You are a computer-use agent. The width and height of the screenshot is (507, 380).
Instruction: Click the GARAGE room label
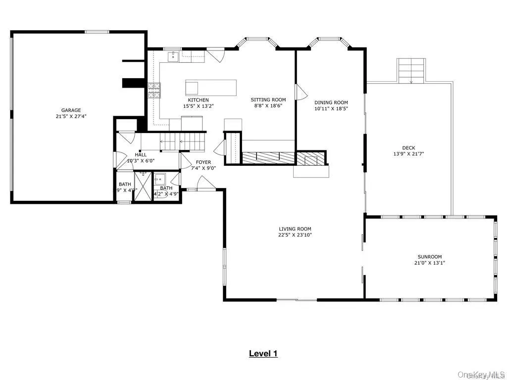click(x=71, y=110)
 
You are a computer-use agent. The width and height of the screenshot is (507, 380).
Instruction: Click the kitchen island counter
click(x=210, y=87)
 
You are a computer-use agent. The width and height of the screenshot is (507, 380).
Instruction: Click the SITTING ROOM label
click(x=268, y=99)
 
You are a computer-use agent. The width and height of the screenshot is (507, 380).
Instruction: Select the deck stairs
click(x=411, y=70)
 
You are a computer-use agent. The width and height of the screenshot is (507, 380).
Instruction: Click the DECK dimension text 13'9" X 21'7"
click(x=408, y=154)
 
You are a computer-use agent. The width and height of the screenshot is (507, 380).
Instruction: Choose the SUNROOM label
click(x=429, y=257)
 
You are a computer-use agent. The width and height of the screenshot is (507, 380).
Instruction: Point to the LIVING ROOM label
click(x=295, y=229)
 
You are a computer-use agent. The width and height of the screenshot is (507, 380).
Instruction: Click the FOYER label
click(x=203, y=162)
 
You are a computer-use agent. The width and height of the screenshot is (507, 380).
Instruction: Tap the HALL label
click(x=141, y=155)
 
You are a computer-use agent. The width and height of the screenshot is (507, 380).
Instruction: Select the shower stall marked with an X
click(x=143, y=187)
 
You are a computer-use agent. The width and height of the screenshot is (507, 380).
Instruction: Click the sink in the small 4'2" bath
click(x=160, y=179)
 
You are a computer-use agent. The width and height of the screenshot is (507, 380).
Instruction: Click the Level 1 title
click(x=263, y=353)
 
